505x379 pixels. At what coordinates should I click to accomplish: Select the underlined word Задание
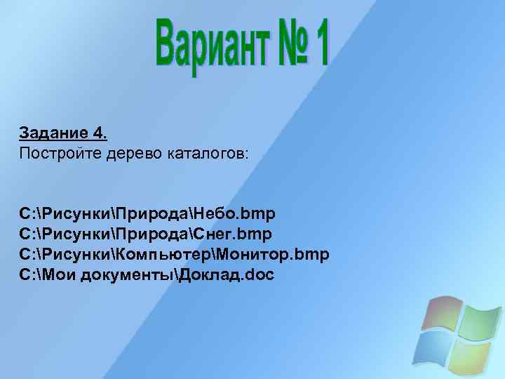[54, 133]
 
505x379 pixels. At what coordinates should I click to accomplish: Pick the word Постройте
[55, 152]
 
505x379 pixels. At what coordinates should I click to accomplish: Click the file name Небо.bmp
[236, 211]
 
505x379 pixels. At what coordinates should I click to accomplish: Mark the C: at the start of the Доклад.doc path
[28, 274]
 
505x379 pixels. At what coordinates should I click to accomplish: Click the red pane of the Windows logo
[442, 313]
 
